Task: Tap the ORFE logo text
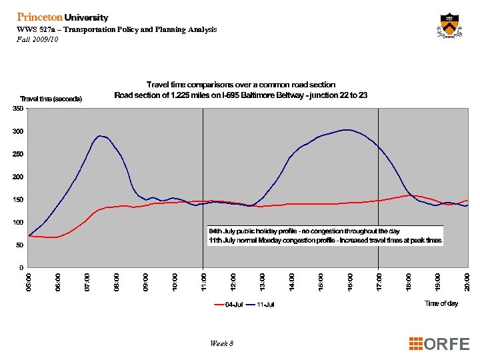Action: click(441, 344)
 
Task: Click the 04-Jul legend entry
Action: click(229, 305)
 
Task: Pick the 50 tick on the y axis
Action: click(20, 245)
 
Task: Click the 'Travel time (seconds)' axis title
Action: click(51, 99)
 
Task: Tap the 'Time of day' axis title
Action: click(441, 303)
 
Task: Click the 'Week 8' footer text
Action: click(221, 343)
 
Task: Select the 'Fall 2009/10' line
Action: click(37, 39)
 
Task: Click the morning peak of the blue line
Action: click(100, 136)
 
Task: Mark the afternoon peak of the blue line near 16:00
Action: click(345, 130)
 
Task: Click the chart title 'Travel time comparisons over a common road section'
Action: click(241, 85)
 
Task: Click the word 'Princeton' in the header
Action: click(39, 17)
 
